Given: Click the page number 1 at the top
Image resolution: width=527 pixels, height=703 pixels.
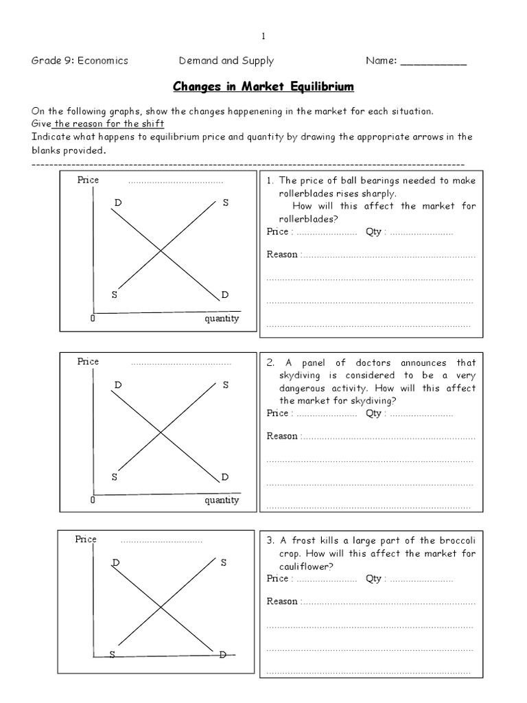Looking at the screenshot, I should click(263, 36).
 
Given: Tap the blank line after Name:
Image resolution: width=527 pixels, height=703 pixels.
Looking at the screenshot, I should click(433, 62).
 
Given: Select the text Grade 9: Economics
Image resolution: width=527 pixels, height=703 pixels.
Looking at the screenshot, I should click(80, 60).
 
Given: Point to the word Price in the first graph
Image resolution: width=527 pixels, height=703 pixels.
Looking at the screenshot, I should click(89, 180).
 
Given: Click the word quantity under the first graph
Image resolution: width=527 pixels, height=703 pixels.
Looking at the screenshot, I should click(222, 319).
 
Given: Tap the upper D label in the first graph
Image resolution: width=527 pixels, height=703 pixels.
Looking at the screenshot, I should click(117, 203).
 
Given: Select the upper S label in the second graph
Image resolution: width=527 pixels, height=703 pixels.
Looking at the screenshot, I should click(225, 385).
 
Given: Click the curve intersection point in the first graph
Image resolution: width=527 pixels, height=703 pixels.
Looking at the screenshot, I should click(161, 251).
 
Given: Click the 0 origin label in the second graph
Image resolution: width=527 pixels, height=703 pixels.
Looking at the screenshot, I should click(92, 500).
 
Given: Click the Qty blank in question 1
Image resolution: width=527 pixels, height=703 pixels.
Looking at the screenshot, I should click(421, 232).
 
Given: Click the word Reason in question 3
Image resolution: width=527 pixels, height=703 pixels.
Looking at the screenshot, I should click(282, 601).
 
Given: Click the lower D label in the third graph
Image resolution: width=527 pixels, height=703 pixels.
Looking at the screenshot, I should click(222, 655).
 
